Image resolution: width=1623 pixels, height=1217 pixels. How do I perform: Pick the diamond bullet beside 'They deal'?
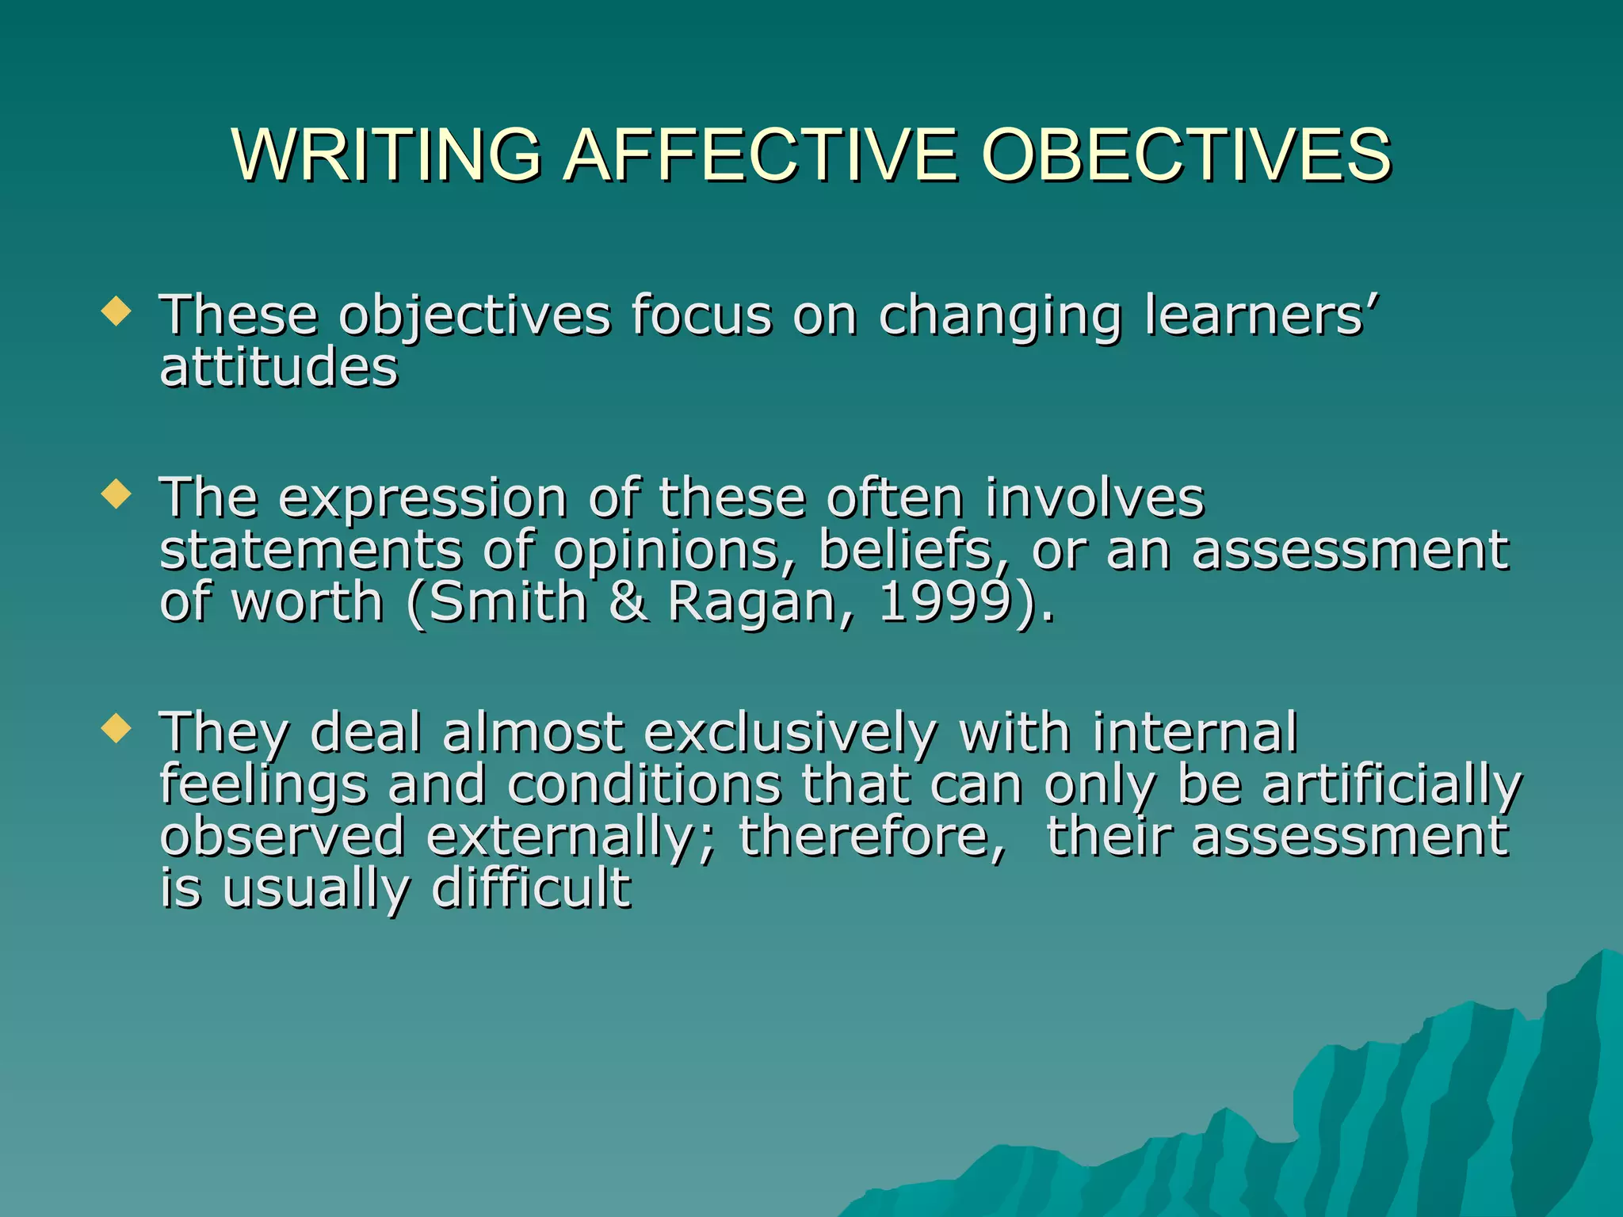(116, 728)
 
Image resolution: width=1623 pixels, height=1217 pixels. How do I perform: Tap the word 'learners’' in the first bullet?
(1262, 315)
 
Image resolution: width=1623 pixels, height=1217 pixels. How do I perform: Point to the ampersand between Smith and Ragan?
(629, 602)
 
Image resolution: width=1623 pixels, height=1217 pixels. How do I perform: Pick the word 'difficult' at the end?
(531, 888)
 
